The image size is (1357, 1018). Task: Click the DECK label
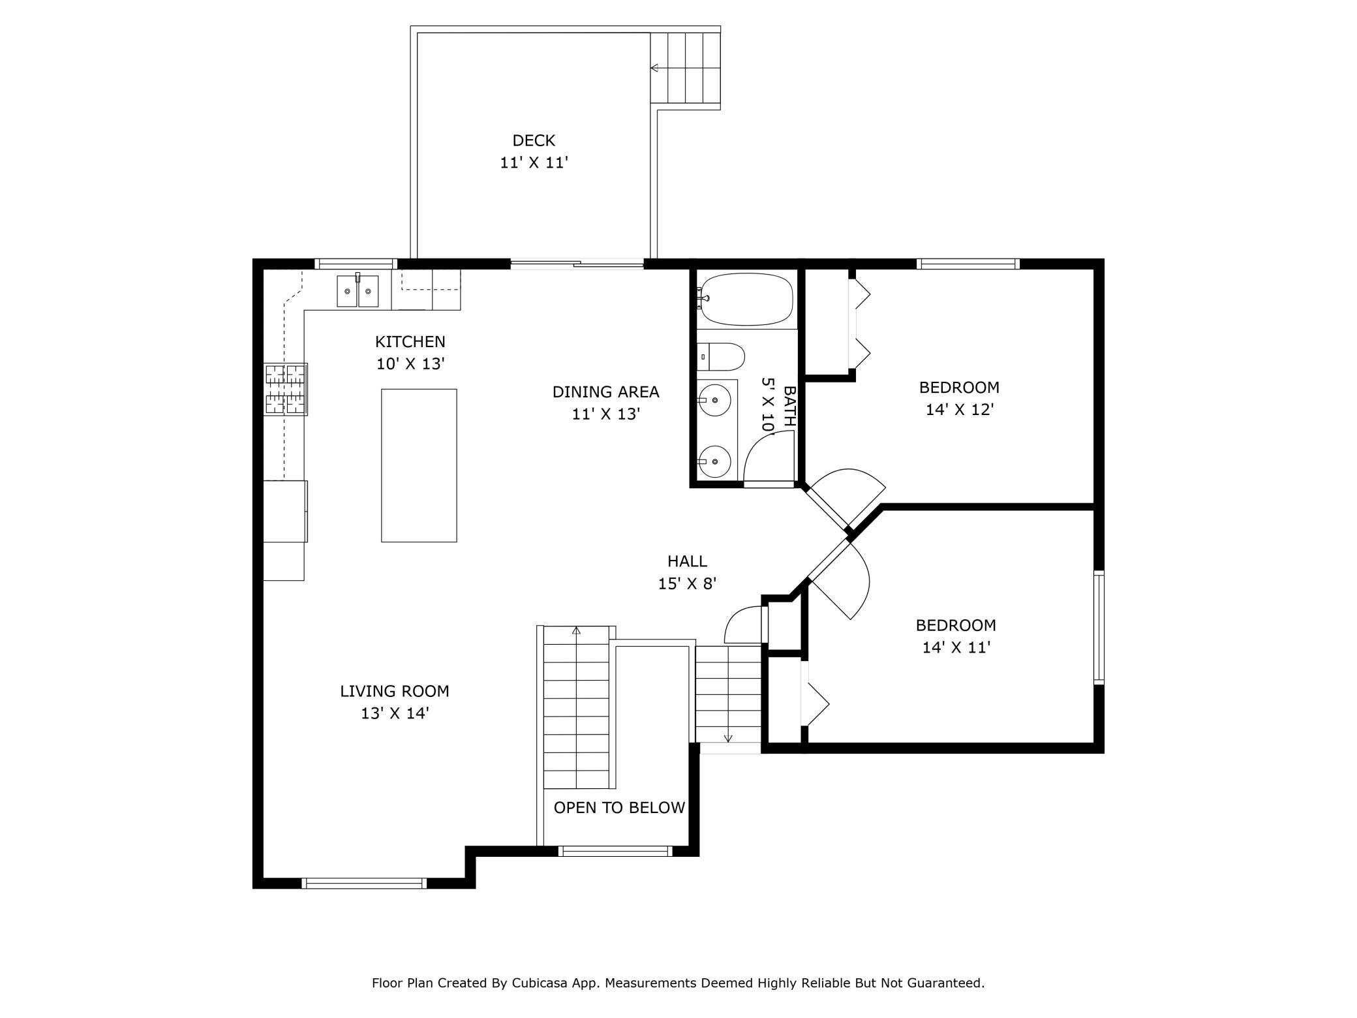click(x=534, y=140)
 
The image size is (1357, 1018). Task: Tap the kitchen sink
click(x=358, y=291)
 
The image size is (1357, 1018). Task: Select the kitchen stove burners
click(x=285, y=389)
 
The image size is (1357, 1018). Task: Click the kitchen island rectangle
click(x=419, y=465)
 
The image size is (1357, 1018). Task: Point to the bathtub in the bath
click(x=746, y=299)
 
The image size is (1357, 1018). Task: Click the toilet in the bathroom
click(x=721, y=356)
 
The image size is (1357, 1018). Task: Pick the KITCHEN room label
click(x=410, y=341)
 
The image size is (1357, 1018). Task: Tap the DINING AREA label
click(x=606, y=392)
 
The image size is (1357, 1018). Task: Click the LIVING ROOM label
click(x=395, y=691)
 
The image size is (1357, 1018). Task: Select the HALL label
click(x=687, y=561)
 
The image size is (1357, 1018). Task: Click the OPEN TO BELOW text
click(x=619, y=808)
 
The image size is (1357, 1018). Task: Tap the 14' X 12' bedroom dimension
click(x=960, y=410)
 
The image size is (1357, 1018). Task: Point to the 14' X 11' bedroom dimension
click(x=956, y=647)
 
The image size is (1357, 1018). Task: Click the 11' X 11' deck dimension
click(x=534, y=162)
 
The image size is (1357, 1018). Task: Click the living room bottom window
click(x=364, y=884)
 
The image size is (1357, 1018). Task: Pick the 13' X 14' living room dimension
click(x=395, y=713)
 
